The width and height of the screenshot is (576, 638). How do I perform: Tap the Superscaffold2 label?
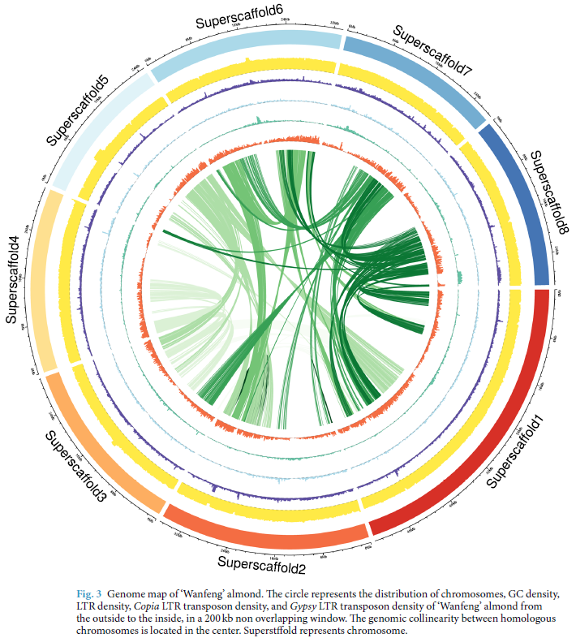(x=261, y=562)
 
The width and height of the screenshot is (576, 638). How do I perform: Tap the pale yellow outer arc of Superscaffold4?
(x=45, y=276)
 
